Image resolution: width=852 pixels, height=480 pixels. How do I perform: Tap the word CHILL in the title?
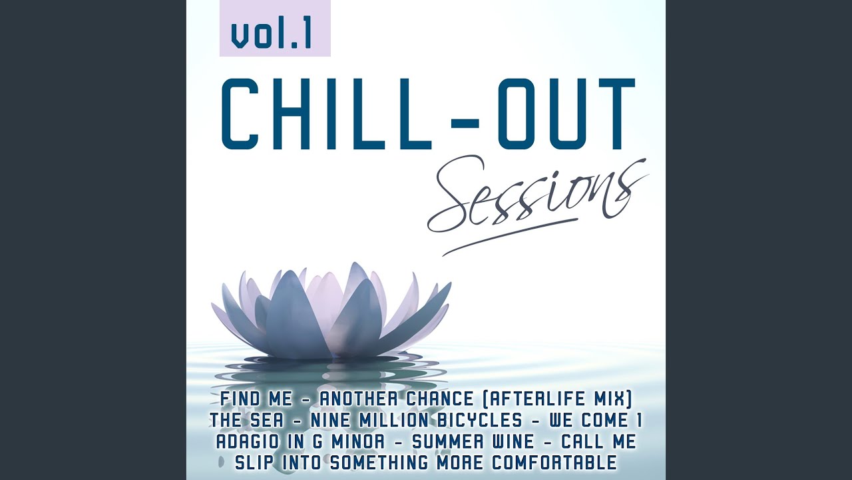pyautogui.click(x=326, y=114)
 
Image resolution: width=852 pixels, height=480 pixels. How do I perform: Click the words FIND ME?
pyautogui.click(x=256, y=399)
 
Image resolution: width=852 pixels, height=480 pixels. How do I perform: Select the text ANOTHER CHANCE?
pyautogui.click(x=396, y=399)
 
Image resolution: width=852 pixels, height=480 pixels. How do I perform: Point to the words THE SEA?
pyautogui.click(x=246, y=421)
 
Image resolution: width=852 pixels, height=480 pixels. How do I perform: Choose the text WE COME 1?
pyautogui.click(x=596, y=421)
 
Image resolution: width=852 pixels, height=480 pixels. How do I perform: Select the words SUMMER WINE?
pyautogui.click(x=473, y=442)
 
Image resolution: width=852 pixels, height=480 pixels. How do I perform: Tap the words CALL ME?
pyautogui.click(x=599, y=442)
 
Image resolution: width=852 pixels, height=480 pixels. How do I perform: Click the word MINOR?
pyautogui.click(x=358, y=442)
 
